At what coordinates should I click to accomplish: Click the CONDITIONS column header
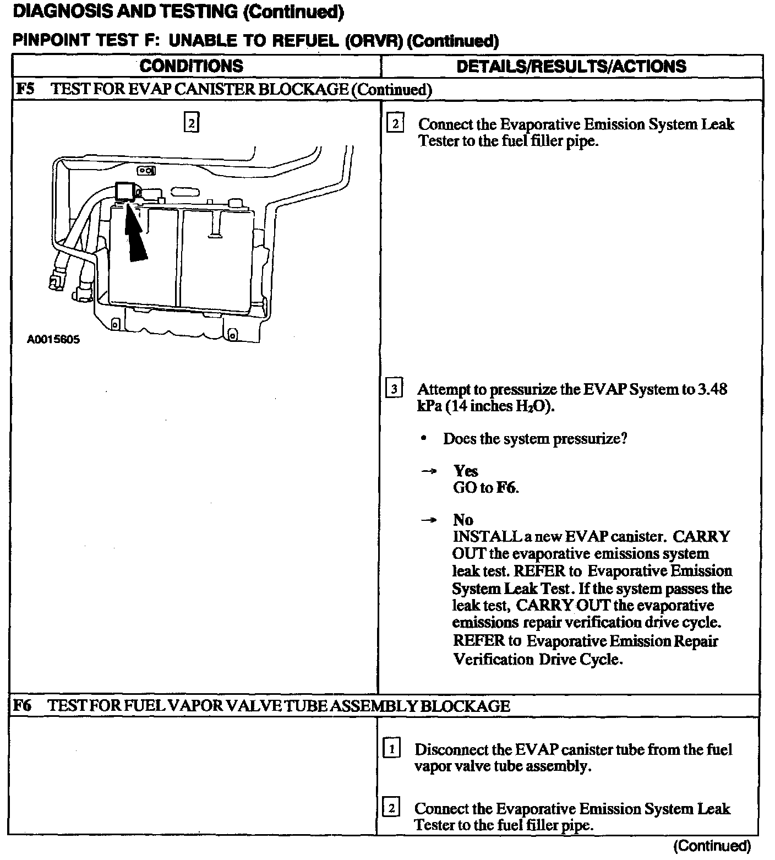191,66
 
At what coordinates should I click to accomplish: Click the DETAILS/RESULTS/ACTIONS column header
571,67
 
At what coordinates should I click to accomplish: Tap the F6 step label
23,705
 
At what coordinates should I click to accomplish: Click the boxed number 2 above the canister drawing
191,123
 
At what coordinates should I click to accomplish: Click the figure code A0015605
53,339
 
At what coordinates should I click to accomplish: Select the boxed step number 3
394,389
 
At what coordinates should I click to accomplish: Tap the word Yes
466,471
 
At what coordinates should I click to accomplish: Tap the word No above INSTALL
463,520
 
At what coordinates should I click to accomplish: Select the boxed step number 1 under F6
391,749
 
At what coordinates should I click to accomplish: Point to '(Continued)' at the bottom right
712,846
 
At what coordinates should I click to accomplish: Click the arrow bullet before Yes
429,471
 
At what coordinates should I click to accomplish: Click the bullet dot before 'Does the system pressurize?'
423,439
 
